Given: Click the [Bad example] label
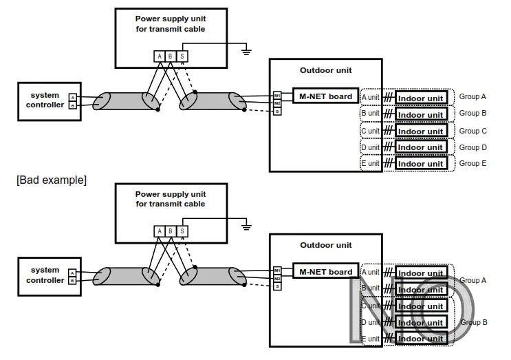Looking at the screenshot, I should click(52, 180).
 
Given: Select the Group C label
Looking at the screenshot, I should click(472, 131).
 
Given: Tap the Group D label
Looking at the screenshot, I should click(472, 147).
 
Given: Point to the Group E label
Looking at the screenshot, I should click(472, 164).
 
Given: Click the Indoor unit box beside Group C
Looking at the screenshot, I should click(421, 131).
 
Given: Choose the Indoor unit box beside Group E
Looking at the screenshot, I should click(421, 164).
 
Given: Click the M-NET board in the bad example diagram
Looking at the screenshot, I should click(325, 272).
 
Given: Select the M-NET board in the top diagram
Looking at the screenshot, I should click(325, 97).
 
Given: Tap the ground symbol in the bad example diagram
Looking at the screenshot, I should click(246, 225).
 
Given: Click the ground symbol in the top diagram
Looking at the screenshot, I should click(246, 50).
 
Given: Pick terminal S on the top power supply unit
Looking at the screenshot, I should click(182, 56).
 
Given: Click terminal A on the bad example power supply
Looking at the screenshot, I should click(160, 231).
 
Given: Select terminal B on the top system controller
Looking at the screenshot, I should click(72, 106).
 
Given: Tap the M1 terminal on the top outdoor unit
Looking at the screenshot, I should click(277, 95).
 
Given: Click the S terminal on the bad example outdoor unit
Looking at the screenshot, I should click(277, 286).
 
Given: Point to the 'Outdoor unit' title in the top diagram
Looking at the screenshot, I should click(325, 70).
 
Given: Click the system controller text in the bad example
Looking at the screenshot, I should click(45, 275).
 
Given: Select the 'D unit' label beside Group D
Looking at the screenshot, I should click(370, 147).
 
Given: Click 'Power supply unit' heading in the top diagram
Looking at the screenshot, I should click(170, 19).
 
